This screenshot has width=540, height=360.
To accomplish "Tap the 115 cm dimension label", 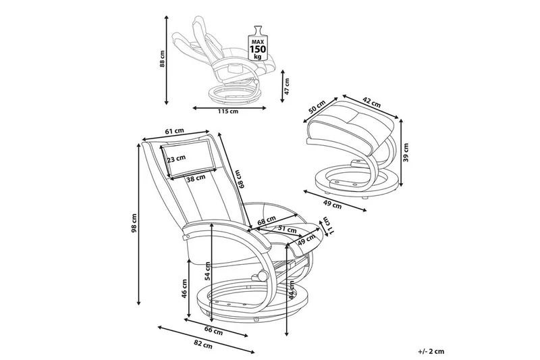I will coord(230,111).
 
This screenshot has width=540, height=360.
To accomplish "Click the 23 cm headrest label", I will coord(175,159).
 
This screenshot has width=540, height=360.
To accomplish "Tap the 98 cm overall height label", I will coord(135,223).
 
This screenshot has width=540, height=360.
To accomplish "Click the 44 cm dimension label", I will coord(292,291).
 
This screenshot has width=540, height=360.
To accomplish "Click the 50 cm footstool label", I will coord(315,109).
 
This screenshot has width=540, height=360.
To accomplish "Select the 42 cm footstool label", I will coord(371,104).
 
